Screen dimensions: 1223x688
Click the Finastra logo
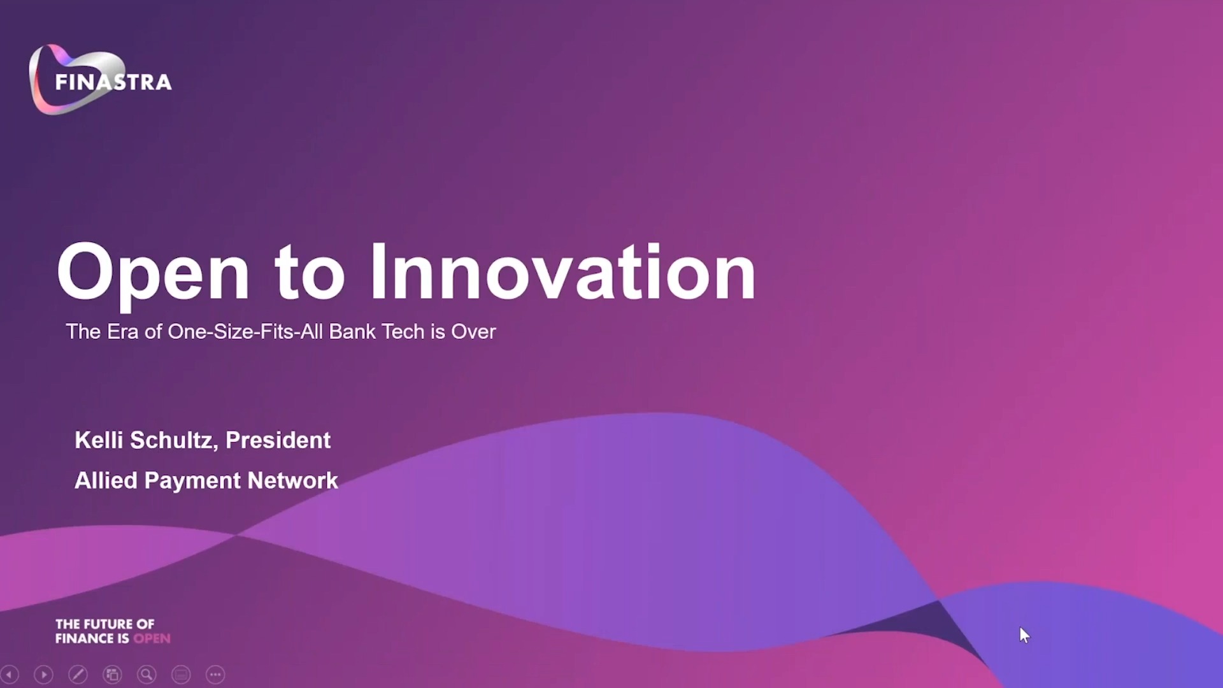pos(100,80)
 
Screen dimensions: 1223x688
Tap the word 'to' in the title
pos(310,274)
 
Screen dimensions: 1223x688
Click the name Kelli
pos(99,440)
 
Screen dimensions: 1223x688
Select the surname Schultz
pos(174,440)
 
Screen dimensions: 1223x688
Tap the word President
pos(278,440)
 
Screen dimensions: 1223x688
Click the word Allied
pos(106,480)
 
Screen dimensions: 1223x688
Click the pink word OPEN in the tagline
pos(152,638)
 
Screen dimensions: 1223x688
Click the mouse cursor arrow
pos(1024,635)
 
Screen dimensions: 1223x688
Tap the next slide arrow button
pos(43,674)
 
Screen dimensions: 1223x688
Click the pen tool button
pos(78,674)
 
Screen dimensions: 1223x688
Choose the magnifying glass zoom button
pos(147,674)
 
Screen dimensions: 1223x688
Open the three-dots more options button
pos(215,674)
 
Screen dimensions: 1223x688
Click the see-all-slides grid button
pos(112,674)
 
